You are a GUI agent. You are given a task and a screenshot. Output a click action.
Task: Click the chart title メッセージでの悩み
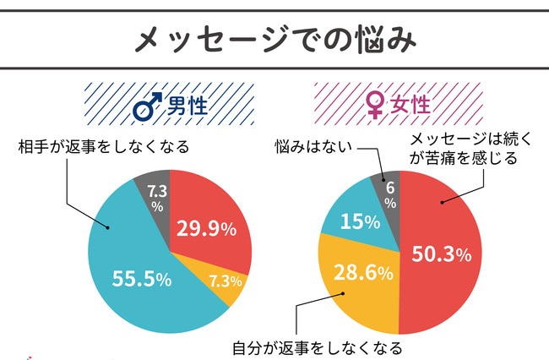(274, 37)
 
